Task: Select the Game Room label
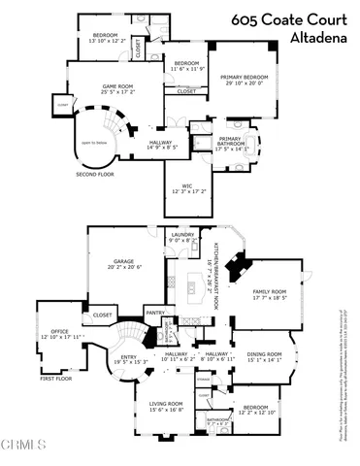[118, 88]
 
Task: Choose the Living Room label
[166, 406]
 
